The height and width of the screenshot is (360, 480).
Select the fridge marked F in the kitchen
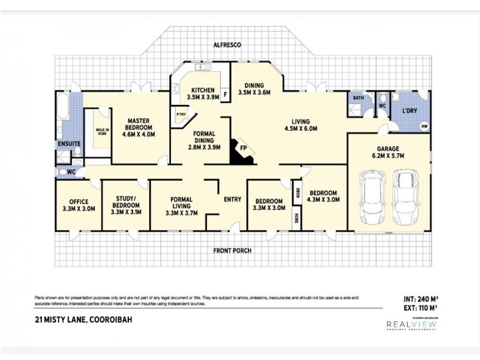click(225, 94)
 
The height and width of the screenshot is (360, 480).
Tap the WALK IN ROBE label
click(98, 133)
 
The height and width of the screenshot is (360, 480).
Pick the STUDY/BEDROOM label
click(125, 205)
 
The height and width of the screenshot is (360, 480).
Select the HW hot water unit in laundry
click(425, 126)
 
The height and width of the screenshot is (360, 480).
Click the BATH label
click(358, 98)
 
